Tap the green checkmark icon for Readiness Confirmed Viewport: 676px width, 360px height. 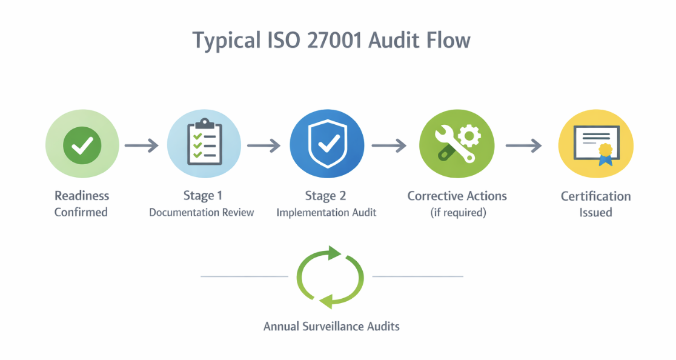pyautogui.click(x=82, y=145)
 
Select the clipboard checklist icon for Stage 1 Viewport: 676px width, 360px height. pyautogui.click(x=205, y=144)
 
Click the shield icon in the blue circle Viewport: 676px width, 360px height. pyautogui.click(x=327, y=144)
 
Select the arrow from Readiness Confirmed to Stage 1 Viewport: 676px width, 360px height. pyautogui.click(x=141, y=145)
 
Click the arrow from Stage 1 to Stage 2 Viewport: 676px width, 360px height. pyautogui.click(x=263, y=145)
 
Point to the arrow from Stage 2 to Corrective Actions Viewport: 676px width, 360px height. pyautogui.click(x=388, y=145)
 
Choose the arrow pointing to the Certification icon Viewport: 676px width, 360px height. pyautogui.click(x=523, y=145)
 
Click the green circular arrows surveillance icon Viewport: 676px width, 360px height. pyautogui.click(x=330, y=277)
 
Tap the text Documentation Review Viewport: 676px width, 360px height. pyautogui.click(x=202, y=213)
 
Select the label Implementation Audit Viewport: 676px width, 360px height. pyautogui.click(x=326, y=213)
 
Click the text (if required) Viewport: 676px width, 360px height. pyautogui.click(x=457, y=213)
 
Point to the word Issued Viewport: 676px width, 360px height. pyautogui.click(x=595, y=213)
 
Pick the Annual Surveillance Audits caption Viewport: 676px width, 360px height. pyautogui.click(x=331, y=326)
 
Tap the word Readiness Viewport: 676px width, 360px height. pyautogui.click(x=82, y=196)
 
